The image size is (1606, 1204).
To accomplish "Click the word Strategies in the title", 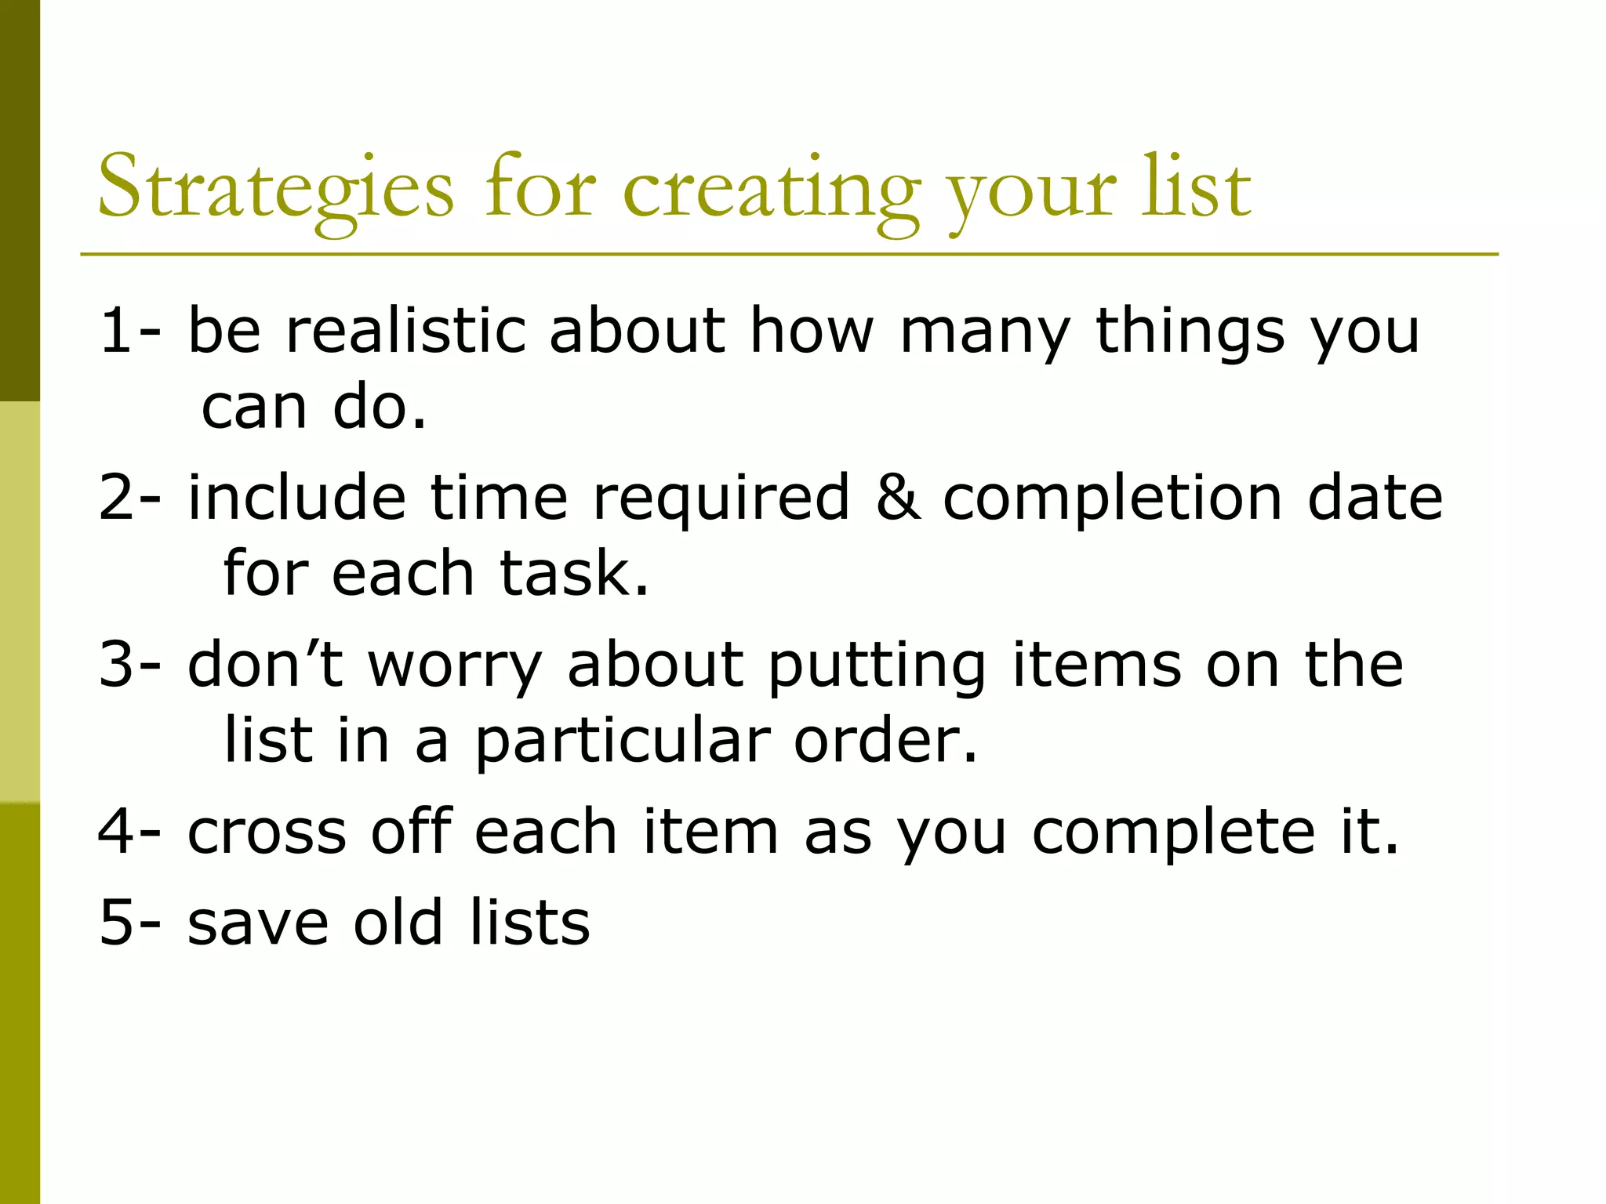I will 275,188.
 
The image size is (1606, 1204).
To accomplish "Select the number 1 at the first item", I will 116,330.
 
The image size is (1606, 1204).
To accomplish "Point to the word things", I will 1190,330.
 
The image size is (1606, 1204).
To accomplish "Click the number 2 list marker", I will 116,497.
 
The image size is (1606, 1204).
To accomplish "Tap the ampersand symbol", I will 897,497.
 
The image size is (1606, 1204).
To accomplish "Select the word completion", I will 1112,499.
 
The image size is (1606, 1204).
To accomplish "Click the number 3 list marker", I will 116,664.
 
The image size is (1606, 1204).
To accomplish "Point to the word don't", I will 265,664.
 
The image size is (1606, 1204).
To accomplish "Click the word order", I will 885,740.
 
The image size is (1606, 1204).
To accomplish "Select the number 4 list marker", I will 116,831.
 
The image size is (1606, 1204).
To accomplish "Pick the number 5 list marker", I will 116,922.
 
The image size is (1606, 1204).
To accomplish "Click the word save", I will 258,923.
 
